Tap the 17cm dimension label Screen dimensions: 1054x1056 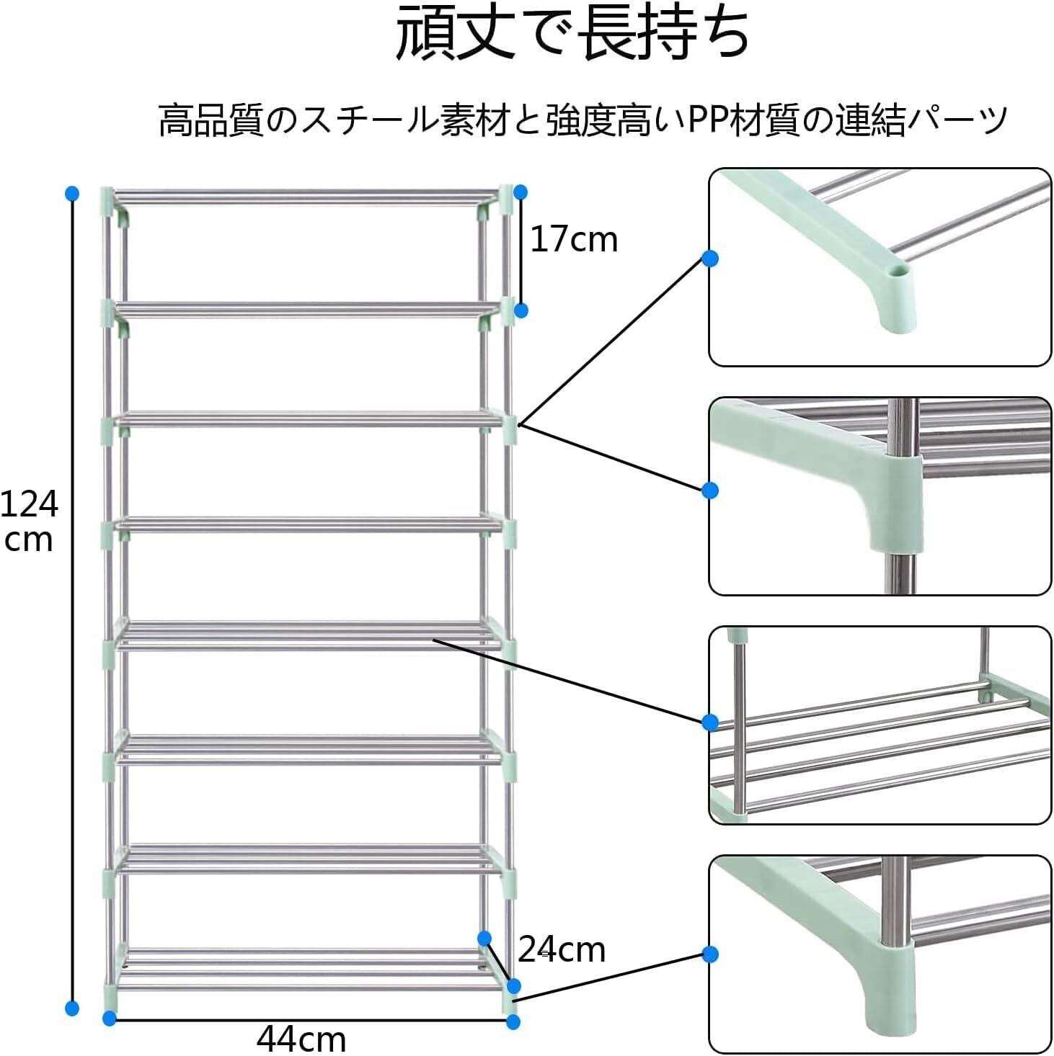point(574,240)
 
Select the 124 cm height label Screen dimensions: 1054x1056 point(29,521)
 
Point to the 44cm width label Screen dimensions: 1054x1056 point(301,1039)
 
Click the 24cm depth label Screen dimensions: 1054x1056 point(562,951)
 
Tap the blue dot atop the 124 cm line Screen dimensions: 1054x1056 point(71,193)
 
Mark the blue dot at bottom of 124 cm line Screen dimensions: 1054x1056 point(71,1008)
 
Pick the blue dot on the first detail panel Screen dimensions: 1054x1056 point(710,259)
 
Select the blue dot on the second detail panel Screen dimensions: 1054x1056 point(710,491)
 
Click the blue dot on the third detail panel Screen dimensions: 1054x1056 point(710,722)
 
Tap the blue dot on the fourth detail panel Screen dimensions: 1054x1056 point(710,955)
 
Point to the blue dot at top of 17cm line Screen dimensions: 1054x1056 point(521,192)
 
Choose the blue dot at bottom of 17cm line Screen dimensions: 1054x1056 point(521,310)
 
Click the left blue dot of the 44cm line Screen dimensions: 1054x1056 point(110,1019)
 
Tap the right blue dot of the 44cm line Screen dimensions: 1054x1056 point(513,1021)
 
